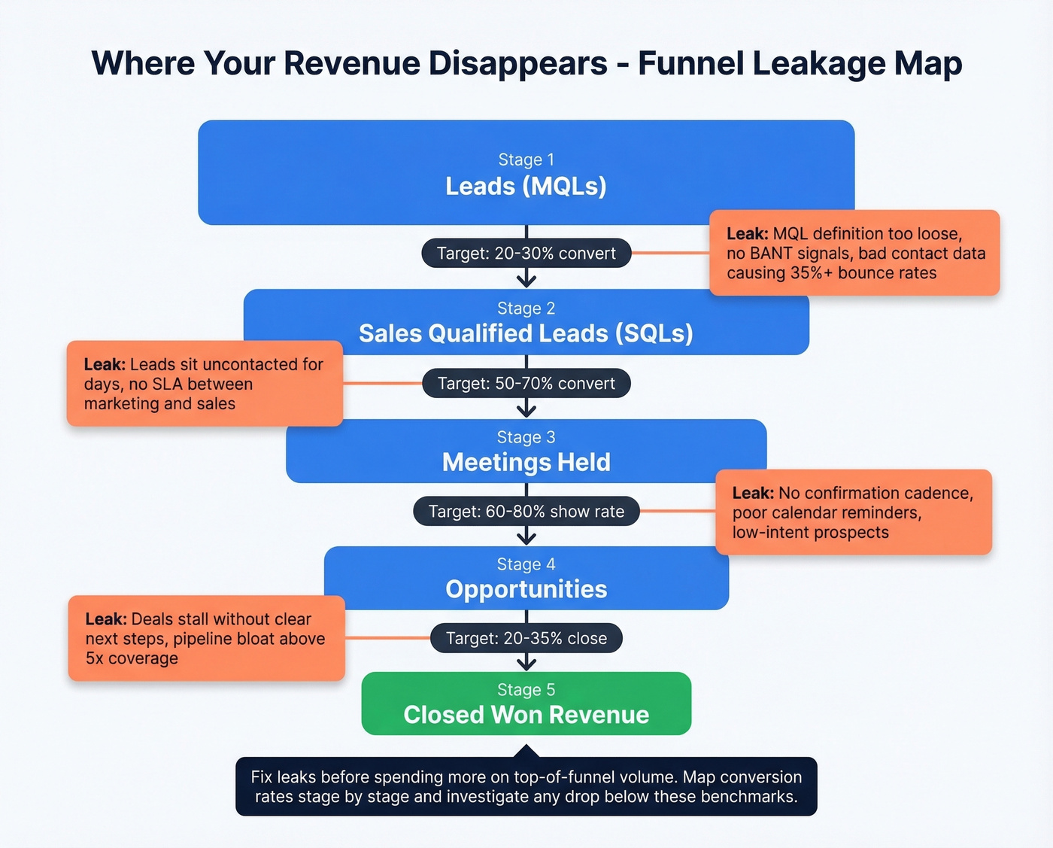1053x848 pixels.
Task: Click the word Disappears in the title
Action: [517, 63]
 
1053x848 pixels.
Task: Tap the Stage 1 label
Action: [526, 160]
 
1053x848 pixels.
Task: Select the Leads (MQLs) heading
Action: [526, 186]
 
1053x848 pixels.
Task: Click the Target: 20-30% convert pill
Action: [526, 254]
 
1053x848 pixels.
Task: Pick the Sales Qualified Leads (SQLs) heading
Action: [526, 333]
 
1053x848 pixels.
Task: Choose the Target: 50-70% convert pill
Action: [526, 384]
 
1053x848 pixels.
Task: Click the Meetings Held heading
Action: [526, 462]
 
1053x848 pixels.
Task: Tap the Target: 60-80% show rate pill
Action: [526, 512]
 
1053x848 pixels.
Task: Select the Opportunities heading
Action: [526, 589]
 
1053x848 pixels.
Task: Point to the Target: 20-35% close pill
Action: [526, 639]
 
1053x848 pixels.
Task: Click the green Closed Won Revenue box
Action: [526, 704]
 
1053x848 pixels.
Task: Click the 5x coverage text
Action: [132, 658]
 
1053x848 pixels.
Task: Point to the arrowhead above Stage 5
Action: [526, 663]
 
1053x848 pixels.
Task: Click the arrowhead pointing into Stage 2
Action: [526, 281]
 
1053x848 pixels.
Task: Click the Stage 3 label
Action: [526, 437]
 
